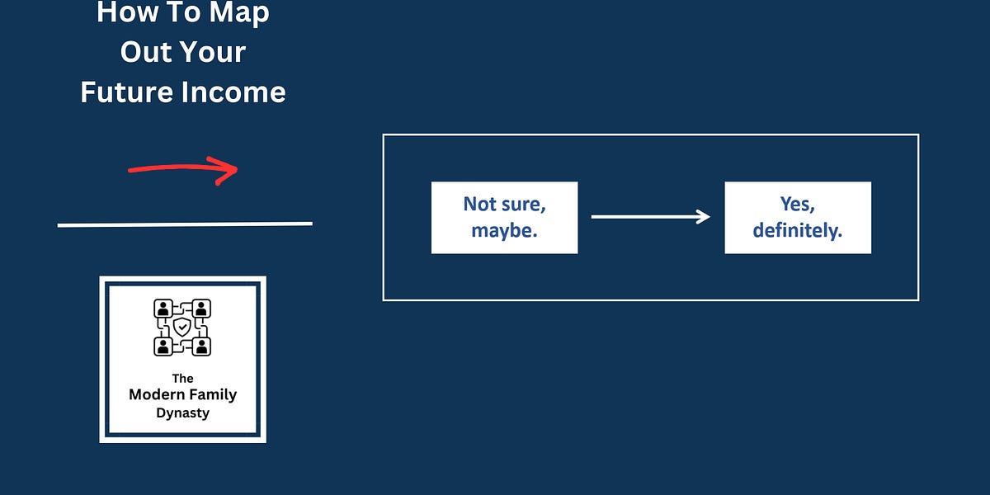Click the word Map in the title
[x=240, y=13]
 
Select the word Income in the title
[x=236, y=92]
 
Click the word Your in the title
[x=209, y=52]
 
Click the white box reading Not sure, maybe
[x=504, y=218]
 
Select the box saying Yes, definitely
[x=798, y=218]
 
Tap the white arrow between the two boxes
[x=650, y=217]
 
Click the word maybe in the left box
[x=504, y=231]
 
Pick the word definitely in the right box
[x=798, y=231]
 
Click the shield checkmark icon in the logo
[x=182, y=328]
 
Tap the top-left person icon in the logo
[x=163, y=309]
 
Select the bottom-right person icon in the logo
[x=202, y=346]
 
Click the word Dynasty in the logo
[x=182, y=412]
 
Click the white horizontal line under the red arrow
[x=185, y=224]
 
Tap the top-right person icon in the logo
[x=202, y=309]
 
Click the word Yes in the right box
[x=797, y=204]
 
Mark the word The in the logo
[x=182, y=379]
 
